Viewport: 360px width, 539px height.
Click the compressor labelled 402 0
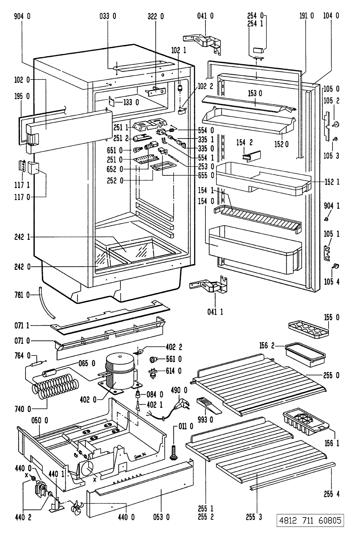pyautogui.click(x=119, y=371)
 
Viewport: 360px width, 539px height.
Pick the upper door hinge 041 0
pyautogui.click(x=203, y=41)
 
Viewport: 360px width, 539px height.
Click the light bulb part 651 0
pyautogui.click(x=136, y=151)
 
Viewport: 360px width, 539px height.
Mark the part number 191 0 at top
pyautogui.click(x=307, y=15)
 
